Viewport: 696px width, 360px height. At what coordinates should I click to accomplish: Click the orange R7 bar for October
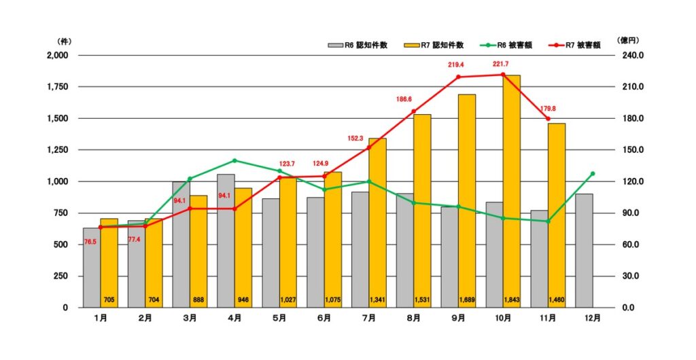point(511,190)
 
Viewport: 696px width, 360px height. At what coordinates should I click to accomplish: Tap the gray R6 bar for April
point(226,240)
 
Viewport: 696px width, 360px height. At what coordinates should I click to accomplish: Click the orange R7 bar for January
point(109,262)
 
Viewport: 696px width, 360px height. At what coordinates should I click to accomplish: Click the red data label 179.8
point(548,108)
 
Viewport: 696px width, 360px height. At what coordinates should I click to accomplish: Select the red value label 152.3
point(356,138)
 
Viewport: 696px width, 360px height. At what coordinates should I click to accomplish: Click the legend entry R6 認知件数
point(359,46)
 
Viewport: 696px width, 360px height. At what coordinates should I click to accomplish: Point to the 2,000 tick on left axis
point(57,55)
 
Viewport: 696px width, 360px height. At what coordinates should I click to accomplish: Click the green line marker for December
point(593,174)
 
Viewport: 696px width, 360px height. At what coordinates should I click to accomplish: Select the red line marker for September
point(458,77)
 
